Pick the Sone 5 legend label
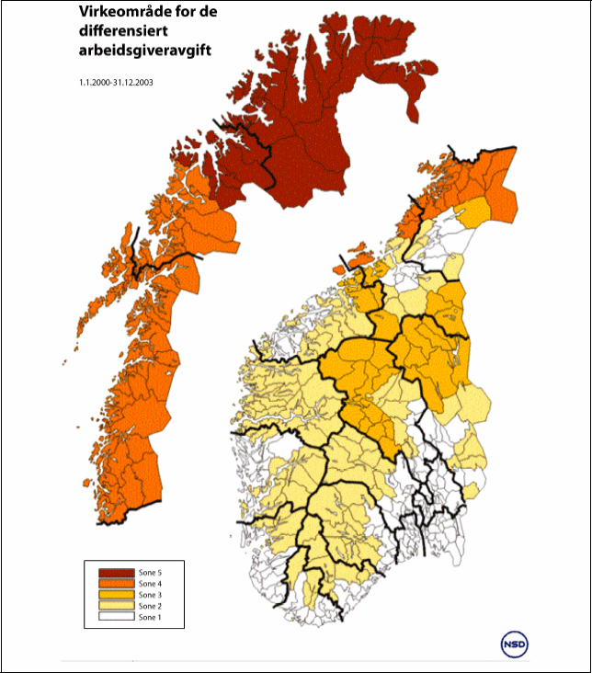(151, 573)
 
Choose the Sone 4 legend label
(151, 584)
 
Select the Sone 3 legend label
(151, 595)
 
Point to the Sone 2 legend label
(151, 606)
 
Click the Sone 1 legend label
(151, 617)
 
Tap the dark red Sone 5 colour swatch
(117, 573)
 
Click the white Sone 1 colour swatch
(117, 617)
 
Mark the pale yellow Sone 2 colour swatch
(117, 606)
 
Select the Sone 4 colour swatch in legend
(117, 584)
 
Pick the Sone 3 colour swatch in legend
(117, 595)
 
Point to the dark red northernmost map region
(303, 110)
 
